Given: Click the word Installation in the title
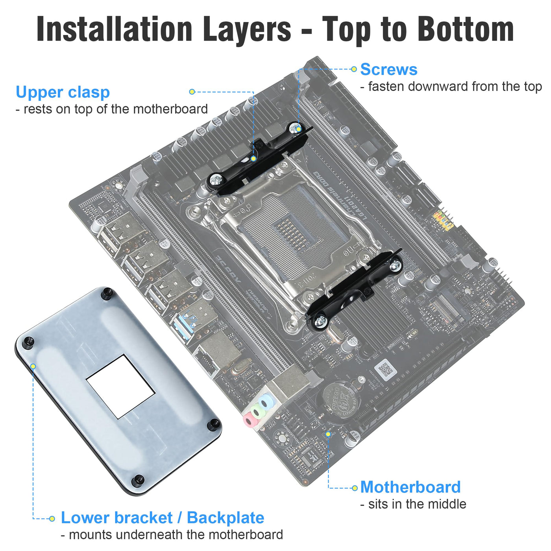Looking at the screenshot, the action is pos(115,30).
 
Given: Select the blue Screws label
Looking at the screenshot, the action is pos(388,69).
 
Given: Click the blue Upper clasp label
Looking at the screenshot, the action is pos(63,92).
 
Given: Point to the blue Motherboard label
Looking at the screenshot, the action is pos(410,487).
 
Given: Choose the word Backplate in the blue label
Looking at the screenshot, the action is pos(226,518).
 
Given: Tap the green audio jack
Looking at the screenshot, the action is pos(258,412).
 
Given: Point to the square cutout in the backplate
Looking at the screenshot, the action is pos(120,386).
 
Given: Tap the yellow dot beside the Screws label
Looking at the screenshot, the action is pos(354,69).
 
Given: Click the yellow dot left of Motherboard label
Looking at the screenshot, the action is pos(355,488).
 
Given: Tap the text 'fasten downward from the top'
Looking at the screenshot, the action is pos(451,87).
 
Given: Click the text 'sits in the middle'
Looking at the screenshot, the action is pos(413,504).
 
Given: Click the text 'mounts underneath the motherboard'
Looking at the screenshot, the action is pos(172,535).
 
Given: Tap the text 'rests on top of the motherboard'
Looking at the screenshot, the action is pos(112,109).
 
